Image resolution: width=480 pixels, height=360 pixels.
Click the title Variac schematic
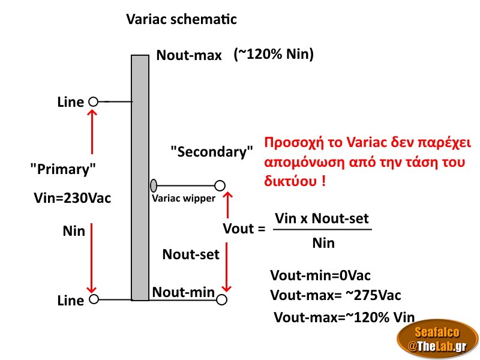pos(181,19)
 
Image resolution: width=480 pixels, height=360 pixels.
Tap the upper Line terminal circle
pos(93,102)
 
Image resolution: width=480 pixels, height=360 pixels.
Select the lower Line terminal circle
pos(93,299)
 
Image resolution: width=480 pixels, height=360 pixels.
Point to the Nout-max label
pos(190,56)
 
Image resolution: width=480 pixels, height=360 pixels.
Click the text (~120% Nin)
pos(274,55)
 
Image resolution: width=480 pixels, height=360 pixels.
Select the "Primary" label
pos(63,170)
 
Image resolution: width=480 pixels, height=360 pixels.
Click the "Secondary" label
pos(211,152)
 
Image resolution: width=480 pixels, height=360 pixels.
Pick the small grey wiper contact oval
pos(154,185)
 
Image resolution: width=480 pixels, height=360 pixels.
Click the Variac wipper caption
pos(183,199)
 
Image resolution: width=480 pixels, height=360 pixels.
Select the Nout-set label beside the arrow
pos(191,254)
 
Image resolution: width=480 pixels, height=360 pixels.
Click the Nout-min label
pos(184,292)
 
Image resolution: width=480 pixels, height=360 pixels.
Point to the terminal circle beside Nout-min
pos(223,299)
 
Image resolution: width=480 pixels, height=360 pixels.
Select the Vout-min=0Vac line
pos(320,275)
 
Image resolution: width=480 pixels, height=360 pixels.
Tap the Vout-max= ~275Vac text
pos(335,295)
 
